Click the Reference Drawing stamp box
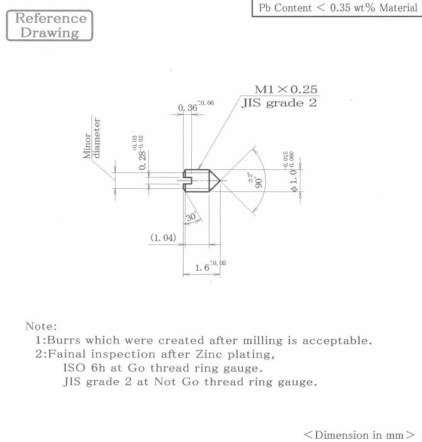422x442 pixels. pyautogui.click(x=50, y=25)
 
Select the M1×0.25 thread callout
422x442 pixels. pyautogui.click(x=286, y=90)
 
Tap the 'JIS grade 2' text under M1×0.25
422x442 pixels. pyautogui.click(x=279, y=103)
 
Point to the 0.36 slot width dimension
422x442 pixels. pyautogui.click(x=196, y=106)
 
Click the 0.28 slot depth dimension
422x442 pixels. pyautogui.click(x=140, y=153)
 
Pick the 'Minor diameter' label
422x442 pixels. pyautogui.click(x=91, y=138)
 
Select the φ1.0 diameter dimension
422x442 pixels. pyautogui.click(x=291, y=171)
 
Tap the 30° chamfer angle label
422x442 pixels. pyautogui.click(x=191, y=217)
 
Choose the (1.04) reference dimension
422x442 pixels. pyautogui.click(x=163, y=237)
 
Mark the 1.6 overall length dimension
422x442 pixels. pyautogui.click(x=210, y=266)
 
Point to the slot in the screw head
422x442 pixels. pyautogui.click(x=187, y=181)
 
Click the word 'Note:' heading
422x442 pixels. pyautogui.click(x=42, y=326)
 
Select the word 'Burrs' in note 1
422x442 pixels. pyautogui.click(x=64, y=340)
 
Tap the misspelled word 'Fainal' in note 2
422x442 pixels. pyautogui.click(x=66, y=354)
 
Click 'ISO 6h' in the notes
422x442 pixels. pyautogui.click(x=84, y=367)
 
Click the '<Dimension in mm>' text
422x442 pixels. pyautogui.click(x=360, y=434)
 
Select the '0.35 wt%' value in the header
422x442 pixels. pyautogui.click(x=353, y=8)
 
